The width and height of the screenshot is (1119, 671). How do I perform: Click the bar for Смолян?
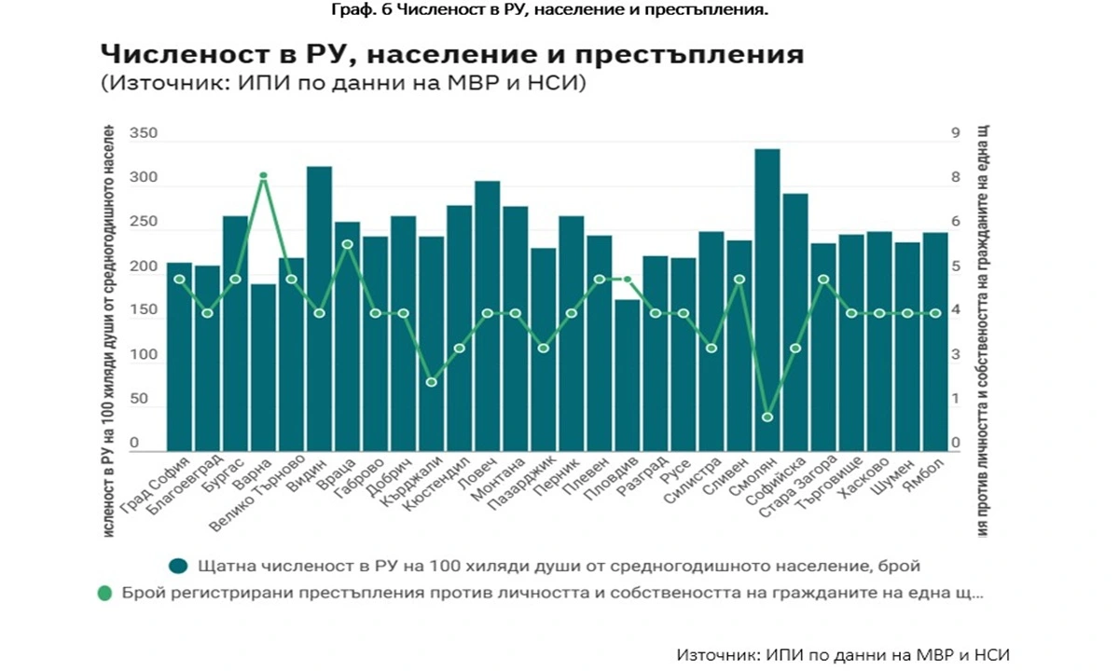(767, 298)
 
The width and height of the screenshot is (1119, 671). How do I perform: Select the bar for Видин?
(319, 308)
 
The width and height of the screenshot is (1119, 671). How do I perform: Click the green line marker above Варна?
(263, 175)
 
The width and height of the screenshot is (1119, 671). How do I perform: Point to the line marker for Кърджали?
(431, 382)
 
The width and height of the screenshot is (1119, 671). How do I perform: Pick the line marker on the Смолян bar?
(767, 417)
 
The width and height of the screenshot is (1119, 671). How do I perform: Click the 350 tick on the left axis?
(144, 134)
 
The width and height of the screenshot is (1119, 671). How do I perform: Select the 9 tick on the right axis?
(953, 134)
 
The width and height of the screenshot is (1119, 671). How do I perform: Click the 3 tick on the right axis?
(953, 355)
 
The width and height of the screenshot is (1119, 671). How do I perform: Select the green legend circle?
(104, 593)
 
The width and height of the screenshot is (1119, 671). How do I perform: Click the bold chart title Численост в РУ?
(451, 54)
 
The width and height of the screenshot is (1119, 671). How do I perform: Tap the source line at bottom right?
(843, 654)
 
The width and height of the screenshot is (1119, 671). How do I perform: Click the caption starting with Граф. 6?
(559, 10)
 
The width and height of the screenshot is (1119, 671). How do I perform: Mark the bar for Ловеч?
(487, 317)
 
